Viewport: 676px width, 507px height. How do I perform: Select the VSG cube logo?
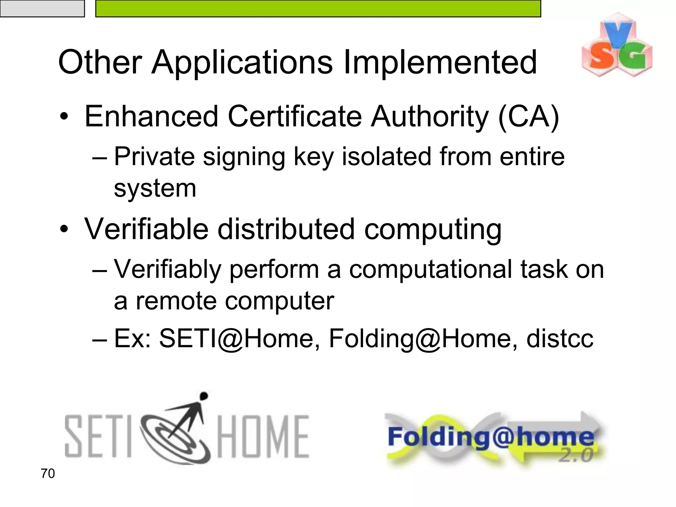(x=617, y=45)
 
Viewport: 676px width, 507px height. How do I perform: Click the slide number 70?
(x=48, y=473)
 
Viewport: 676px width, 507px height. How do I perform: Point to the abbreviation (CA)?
(x=528, y=117)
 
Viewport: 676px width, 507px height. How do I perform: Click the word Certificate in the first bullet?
(x=295, y=117)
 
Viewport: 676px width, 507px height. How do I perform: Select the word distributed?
(x=286, y=229)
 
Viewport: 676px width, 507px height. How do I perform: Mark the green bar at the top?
(x=318, y=8)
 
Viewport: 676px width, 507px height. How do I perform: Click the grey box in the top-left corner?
(x=42, y=8)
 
